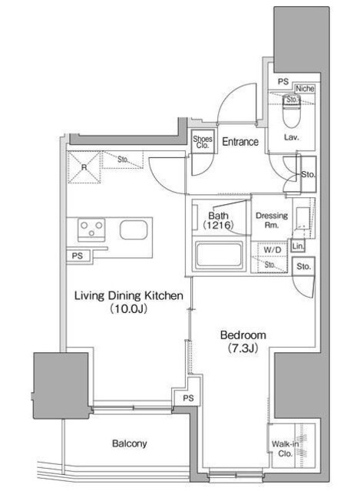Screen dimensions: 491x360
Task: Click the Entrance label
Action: click(240, 142)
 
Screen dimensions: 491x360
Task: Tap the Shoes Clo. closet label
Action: click(203, 143)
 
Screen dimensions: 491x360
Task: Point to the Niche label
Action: click(304, 88)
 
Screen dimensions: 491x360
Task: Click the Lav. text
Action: click(291, 138)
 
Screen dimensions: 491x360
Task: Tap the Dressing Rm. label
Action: click(272, 221)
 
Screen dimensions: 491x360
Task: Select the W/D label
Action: click(272, 249)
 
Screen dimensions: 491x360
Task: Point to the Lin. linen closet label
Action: click(298, 246)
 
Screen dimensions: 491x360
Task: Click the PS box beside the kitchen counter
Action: click(78, 255)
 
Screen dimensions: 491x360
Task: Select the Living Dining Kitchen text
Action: click(130, 295)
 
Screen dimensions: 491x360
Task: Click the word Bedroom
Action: click(243, 335)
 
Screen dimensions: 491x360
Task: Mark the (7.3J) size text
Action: click(243, 350)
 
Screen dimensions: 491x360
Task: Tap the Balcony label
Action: click(128, 443)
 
